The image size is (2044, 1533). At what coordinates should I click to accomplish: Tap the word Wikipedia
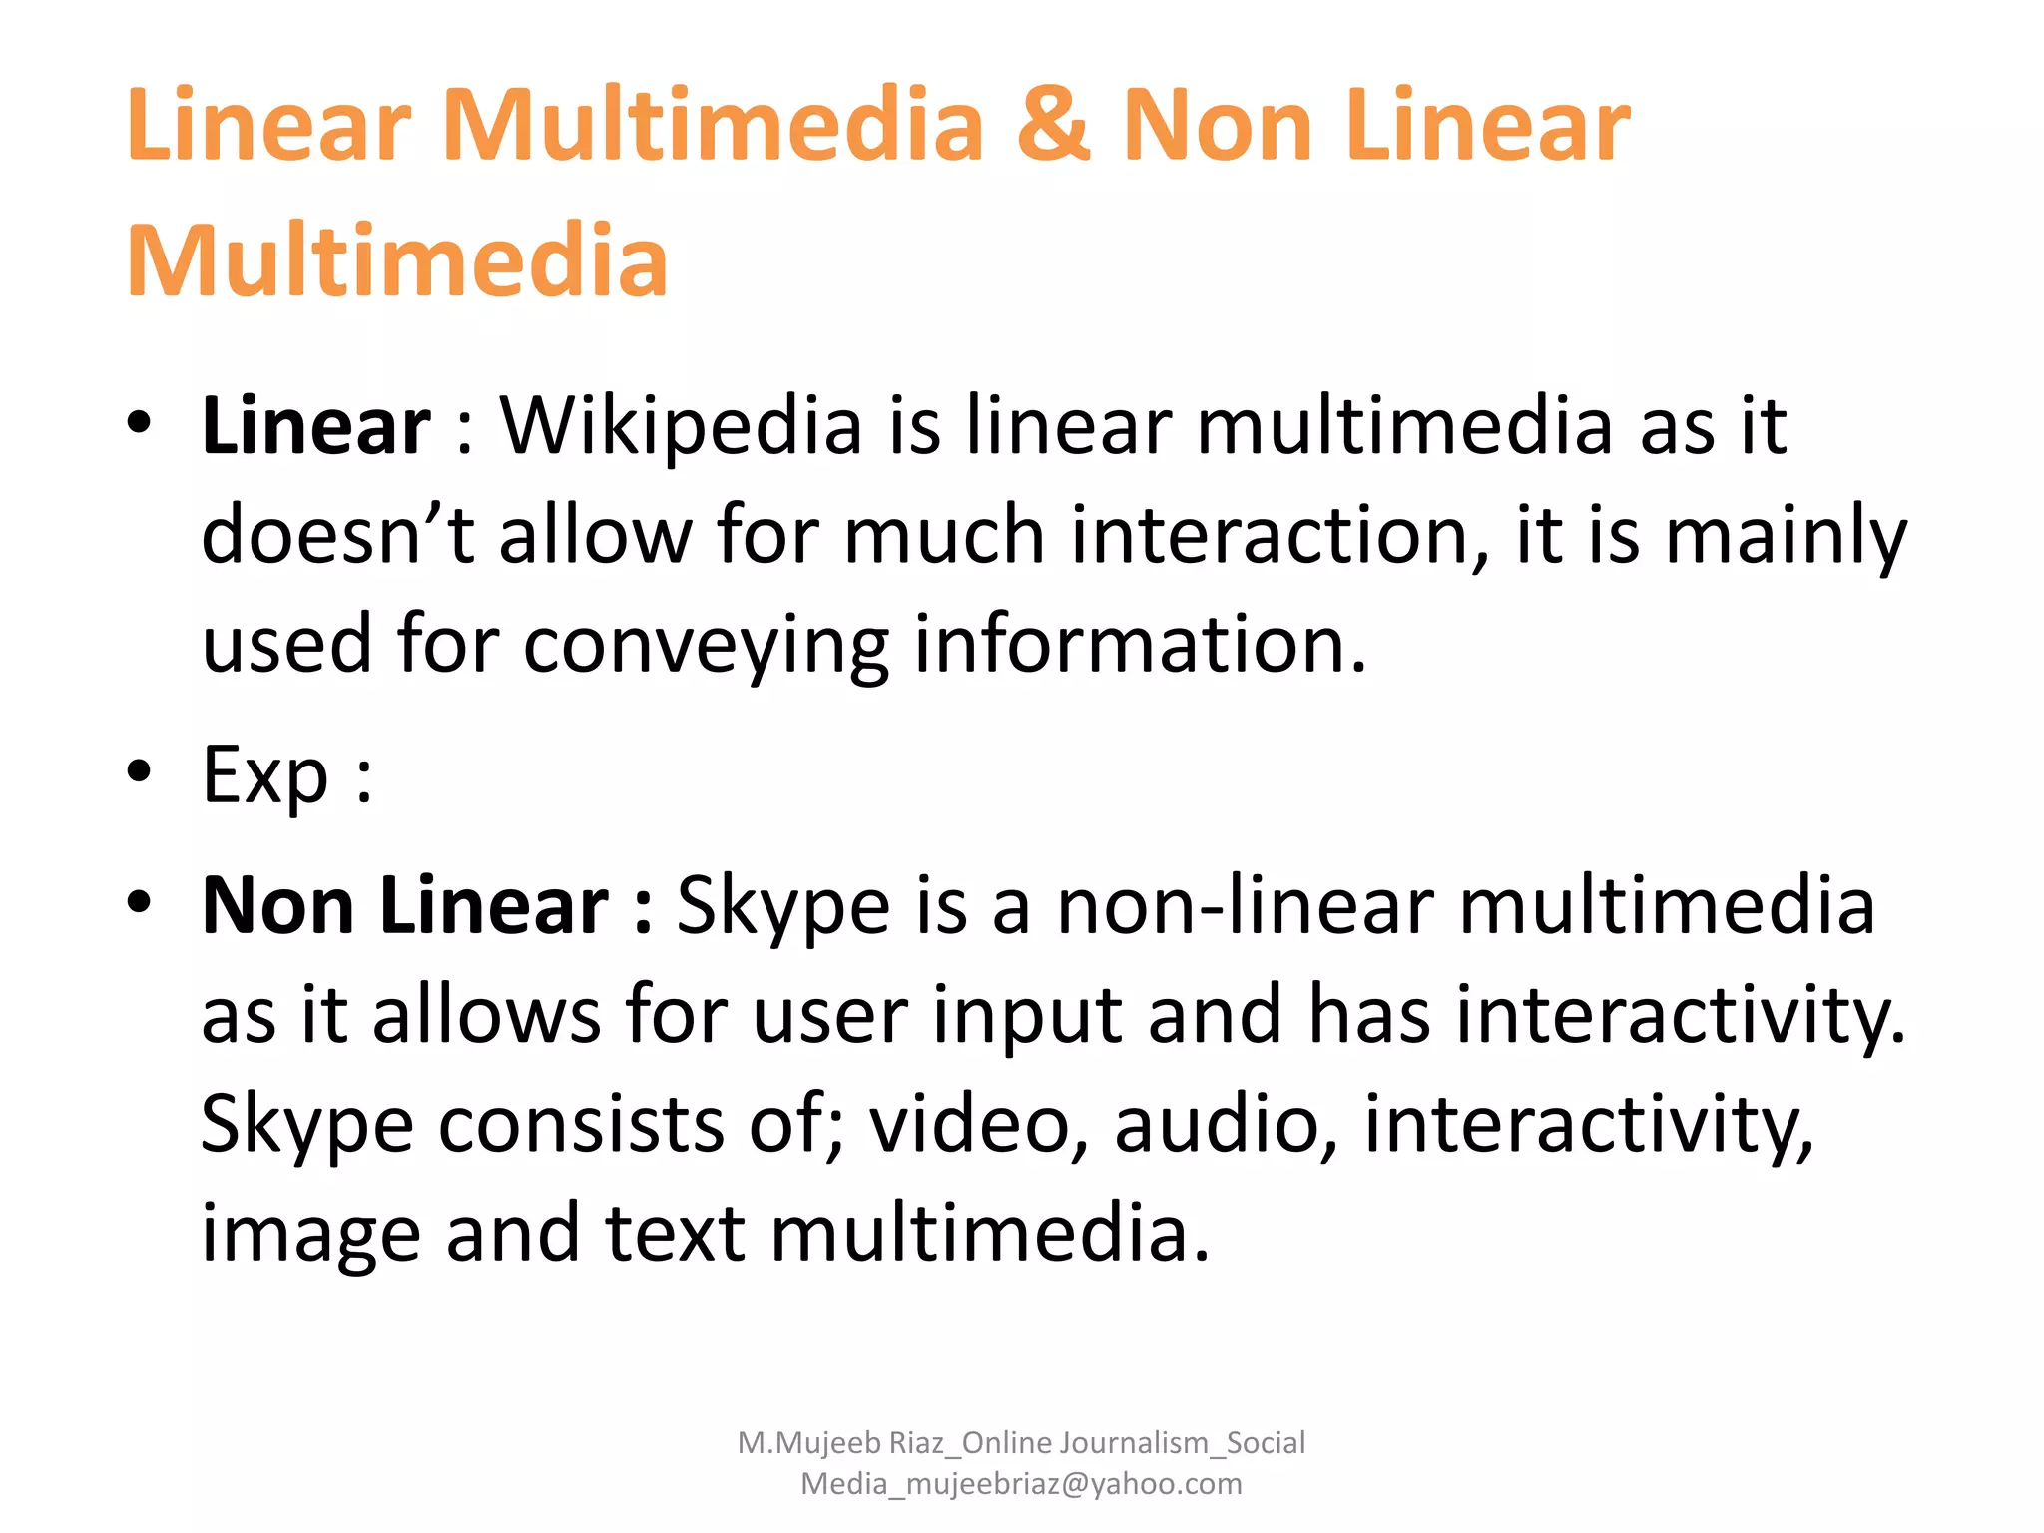point(681,426)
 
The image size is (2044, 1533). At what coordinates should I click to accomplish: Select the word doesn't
point(337,535)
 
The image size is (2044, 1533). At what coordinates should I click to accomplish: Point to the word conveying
point(706,646)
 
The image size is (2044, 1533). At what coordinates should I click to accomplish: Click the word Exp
point(264,774)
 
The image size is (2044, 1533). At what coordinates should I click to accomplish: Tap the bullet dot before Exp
point(139,771)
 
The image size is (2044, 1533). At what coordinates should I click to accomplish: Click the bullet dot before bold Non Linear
point(139,902)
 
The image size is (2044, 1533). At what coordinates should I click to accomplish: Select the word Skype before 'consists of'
point(307,1125)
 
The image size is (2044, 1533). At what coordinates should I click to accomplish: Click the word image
point(310,1235)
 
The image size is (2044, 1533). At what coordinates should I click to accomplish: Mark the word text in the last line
point(675,1233)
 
